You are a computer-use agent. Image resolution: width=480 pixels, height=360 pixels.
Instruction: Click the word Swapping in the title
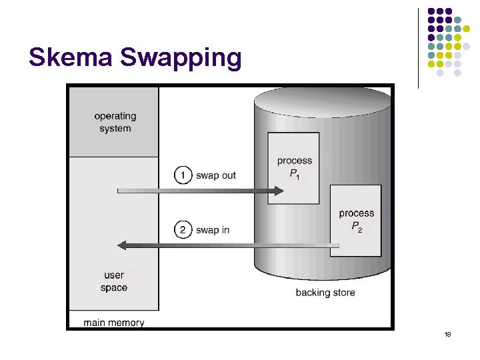click(181, 59)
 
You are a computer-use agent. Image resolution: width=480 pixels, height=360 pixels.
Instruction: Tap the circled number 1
click(183, 175)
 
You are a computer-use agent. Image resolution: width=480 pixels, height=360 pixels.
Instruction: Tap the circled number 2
click(183, 230)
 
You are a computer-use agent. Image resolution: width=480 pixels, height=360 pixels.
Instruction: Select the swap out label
click(215, 175)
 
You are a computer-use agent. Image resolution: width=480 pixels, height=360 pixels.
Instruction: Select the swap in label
click(213, 230)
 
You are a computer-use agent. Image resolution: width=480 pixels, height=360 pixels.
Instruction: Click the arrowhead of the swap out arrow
click(278, 192)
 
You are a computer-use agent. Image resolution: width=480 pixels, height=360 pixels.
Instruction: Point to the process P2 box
click(356, 221)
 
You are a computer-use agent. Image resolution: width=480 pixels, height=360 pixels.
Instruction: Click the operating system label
click(115, 123)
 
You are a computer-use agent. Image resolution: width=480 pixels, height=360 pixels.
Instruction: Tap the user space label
click(114, 281)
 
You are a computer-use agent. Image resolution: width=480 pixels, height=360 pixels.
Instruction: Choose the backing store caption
click(325, 293)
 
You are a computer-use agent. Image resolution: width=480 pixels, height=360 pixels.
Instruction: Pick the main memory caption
click(114, 323)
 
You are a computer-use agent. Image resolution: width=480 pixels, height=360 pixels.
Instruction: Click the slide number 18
click(447, 334)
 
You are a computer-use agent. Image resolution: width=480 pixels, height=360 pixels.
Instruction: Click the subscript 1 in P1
click(298, 177)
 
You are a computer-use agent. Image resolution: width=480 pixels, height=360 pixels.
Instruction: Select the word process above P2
click(357, 213)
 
